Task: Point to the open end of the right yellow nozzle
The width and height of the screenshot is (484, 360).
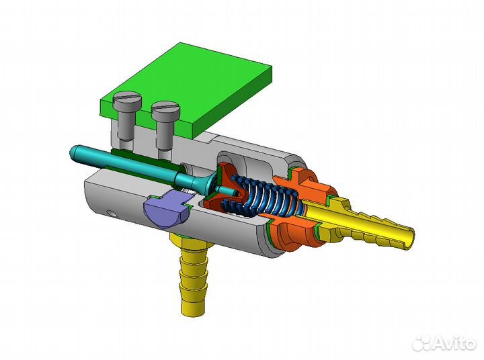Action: point(410,235)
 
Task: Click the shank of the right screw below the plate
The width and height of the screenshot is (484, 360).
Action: point(165,136)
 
